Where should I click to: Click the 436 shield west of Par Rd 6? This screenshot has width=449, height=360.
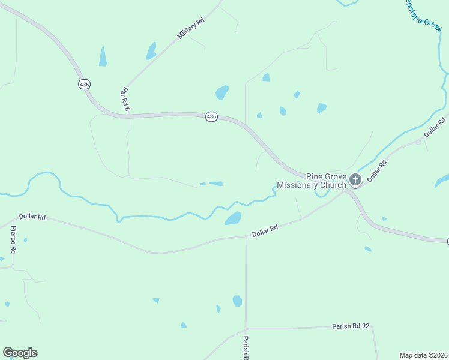pos(84,85)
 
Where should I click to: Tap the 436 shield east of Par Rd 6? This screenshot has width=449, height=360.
pos(211,116)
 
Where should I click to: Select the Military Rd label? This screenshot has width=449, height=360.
pos(191,28)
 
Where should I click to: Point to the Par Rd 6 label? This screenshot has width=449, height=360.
pos(125,99)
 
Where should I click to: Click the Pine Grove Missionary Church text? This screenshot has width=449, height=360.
pos(327,181)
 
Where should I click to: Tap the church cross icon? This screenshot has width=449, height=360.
pos(355,179)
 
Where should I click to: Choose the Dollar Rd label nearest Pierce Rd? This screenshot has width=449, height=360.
pos(32,217)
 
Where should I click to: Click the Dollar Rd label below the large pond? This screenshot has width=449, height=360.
pos(265,230)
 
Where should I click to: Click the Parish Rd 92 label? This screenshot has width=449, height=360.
pos(351,326)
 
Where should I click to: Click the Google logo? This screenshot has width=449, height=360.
pos(20,353)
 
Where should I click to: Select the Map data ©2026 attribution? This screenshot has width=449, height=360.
pos(424,355)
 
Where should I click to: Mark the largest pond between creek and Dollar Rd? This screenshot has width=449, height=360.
pos(233,218)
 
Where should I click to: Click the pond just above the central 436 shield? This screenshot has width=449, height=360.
pos(222,92)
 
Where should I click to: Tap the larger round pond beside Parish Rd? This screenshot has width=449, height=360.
pos(237,301)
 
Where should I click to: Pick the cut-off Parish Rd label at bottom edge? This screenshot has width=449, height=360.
pos(246,348)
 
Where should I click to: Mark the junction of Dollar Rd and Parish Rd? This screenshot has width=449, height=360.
pos(246,236)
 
